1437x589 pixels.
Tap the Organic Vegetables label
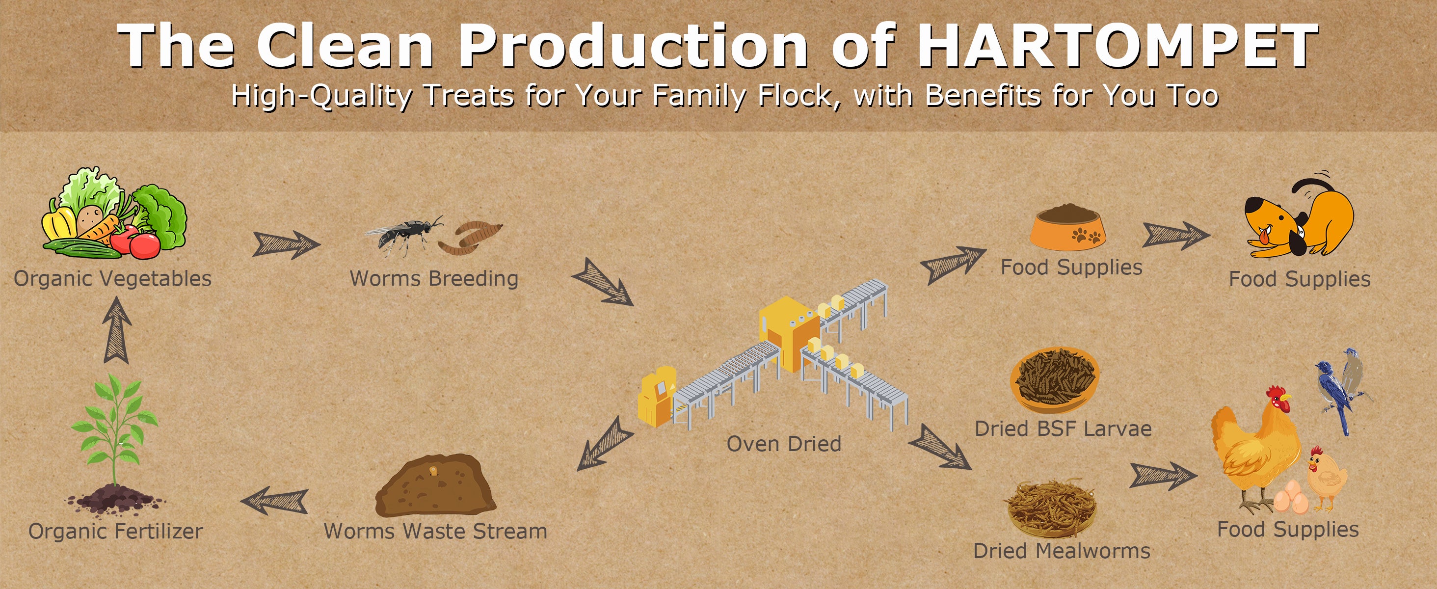pos(113,278)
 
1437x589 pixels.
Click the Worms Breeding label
pos(434,278)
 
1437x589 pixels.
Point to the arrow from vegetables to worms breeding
pos(286,244)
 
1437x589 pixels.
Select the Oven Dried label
pos(784,444)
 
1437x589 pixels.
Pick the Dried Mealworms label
pos(1062,551)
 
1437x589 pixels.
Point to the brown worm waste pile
pos(435,485)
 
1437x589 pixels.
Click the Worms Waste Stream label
pos(436,531)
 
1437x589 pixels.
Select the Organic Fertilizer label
pos(115,531)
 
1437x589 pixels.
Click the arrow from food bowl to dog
pos(1176,235)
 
